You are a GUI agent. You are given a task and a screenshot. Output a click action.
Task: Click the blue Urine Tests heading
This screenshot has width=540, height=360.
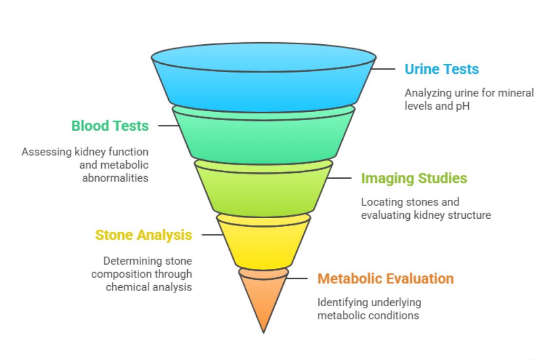[441, 69]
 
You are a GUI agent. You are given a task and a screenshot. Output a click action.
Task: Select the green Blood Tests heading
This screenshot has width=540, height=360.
[110, 126]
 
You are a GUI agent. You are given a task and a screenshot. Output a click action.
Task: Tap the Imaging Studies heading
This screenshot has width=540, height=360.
[414, 178]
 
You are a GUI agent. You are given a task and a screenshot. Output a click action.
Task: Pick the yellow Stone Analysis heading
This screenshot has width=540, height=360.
[143, 235]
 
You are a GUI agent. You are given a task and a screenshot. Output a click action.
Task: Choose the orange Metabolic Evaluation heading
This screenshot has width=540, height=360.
[385, 278]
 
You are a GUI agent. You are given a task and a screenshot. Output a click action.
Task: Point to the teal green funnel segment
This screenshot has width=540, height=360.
[264, 137]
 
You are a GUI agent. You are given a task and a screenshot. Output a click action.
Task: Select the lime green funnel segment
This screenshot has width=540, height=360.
[264, 190]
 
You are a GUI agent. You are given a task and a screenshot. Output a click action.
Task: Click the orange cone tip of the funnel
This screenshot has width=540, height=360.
[263, 300]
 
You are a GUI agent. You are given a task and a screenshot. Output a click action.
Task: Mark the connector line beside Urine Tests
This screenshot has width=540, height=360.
[384, 69]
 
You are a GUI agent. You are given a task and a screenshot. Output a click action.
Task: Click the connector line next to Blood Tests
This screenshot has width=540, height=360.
[168, 126]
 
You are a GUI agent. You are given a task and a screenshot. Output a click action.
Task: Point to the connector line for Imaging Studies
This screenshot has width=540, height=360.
[340, 178]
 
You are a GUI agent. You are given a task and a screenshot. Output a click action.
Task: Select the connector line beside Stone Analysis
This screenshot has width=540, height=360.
[211, 235]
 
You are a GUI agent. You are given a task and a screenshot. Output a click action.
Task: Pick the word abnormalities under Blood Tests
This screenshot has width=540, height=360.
[115, 178]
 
